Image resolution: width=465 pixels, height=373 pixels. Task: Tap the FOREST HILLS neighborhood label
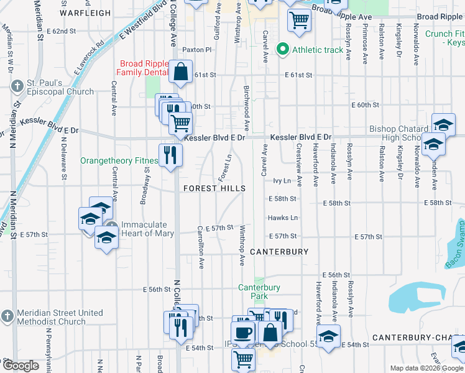(214, 188)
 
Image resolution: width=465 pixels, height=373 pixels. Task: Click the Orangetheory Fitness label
(118, 160)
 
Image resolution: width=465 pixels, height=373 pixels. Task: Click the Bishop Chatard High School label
(398, 133)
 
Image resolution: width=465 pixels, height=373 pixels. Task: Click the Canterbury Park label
(259, 292)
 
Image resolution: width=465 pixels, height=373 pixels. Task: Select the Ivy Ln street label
(282, 180)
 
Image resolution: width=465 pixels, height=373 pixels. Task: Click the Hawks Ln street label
(283, 218)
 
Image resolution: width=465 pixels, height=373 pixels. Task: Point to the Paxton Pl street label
(197, 50)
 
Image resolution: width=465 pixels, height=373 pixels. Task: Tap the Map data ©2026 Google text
(426, 368)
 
